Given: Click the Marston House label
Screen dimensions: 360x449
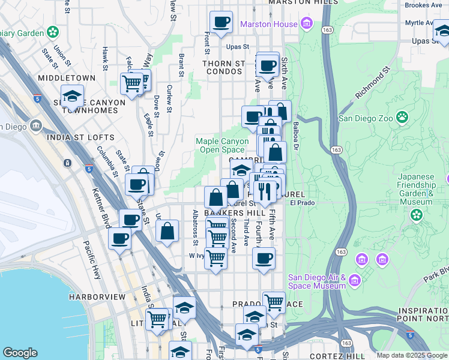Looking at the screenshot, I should pyautogui.click(x=269, y=24).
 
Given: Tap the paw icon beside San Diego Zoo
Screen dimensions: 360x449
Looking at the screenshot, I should pyautogui.click(x=402, y=118).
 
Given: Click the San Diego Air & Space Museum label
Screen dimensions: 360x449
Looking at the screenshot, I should pyautogui.click(x=317, y=281).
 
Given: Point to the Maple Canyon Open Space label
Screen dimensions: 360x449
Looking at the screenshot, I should pyautogui.click(x=221, y=145).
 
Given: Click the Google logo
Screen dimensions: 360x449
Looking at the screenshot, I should pyautogui.click(x=20, y=353).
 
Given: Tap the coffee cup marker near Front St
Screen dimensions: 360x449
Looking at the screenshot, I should pyautogui.click(x=221, y=22).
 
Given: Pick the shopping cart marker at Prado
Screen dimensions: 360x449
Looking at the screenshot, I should pyautogui.click(x=274, y=302).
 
